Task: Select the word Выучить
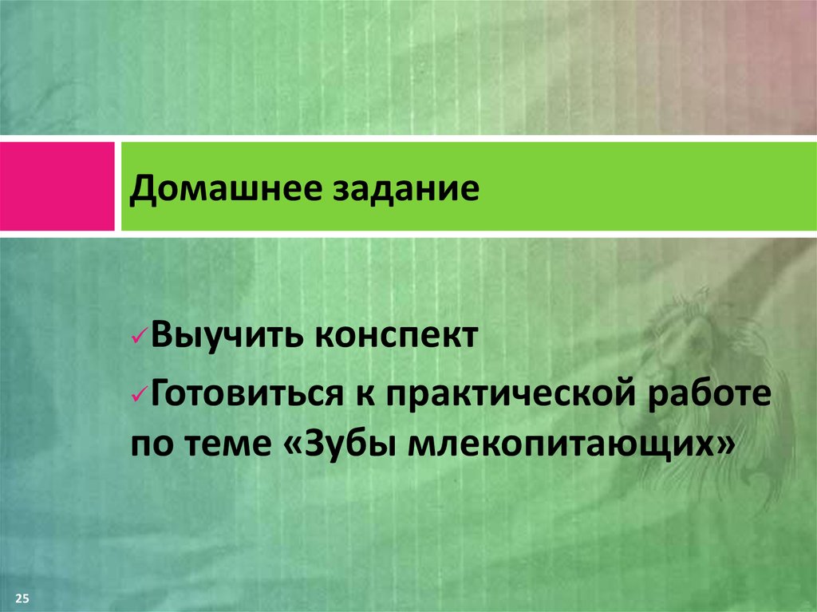(x=224, y=334)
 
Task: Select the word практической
(x=508, y=395)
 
